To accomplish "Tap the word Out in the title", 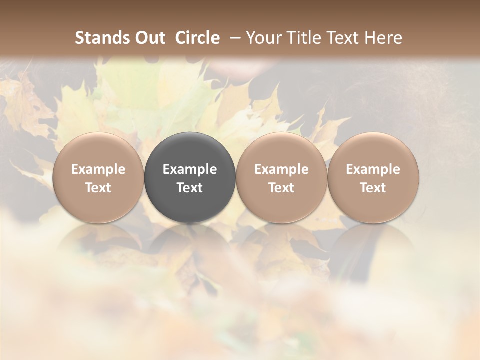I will [149, 38].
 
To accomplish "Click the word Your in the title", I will [264, 38].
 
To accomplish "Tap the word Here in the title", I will [384, 38].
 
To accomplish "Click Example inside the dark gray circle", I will [190, 169].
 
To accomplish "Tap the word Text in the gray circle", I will [190, 188].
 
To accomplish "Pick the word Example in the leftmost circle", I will [98, 169].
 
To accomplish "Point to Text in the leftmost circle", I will [98, 188].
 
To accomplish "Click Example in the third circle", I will [281, 169].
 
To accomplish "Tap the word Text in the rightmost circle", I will [373, 188].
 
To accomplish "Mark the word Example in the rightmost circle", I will [373, 169].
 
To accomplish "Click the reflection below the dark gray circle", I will [190, 245].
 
